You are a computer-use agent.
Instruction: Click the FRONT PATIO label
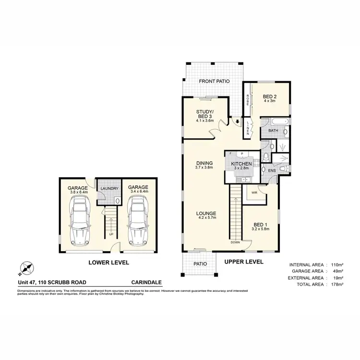tap(214, 82)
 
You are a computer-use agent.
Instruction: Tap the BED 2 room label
tap(270, 96)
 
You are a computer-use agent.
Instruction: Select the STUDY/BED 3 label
tap(204, 114)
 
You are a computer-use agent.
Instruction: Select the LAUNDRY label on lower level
tap(109, 189)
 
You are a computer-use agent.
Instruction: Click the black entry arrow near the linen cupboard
tap(237, 122)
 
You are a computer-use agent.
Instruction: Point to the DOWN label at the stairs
tap(235, 242)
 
